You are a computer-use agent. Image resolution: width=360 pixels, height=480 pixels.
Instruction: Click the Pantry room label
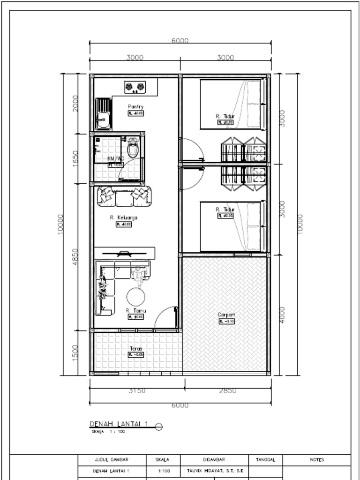[135, 107]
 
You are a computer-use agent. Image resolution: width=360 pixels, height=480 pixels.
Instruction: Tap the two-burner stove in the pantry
[135, 87]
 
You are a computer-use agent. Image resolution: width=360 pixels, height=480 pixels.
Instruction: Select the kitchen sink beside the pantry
[103, 114]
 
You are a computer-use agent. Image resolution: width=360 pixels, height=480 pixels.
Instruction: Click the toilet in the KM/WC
[133, 148]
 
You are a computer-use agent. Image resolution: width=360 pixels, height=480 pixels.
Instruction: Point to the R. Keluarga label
[124, 217]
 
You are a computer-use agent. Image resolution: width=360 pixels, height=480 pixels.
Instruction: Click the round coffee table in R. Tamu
[135, 296]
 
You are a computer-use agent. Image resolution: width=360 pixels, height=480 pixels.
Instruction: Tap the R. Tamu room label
[136, 310]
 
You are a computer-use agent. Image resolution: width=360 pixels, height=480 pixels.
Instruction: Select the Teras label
[135, 348]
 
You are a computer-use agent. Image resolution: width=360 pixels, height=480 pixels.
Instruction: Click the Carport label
[226, 315]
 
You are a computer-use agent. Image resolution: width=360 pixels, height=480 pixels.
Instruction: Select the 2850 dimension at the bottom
[228, 390]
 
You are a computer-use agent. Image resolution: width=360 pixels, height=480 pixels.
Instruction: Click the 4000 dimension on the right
[282, 315]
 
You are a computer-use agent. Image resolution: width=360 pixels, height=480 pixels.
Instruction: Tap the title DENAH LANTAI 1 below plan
[119, 424]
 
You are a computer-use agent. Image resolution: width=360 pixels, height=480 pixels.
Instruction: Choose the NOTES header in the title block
[317, 460]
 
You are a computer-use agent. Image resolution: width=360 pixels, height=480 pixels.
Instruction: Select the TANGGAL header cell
[265, 460]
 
